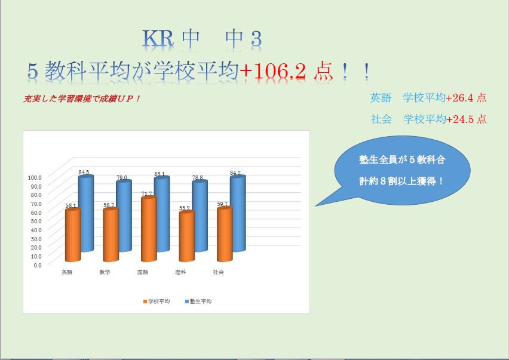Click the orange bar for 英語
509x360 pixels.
[73, 235]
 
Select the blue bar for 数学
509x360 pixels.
[124, 216]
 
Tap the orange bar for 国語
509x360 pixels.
[149, 229]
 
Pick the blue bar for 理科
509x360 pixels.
[200, 216]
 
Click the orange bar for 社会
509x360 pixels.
[225, 235]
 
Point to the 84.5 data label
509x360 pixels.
[84, 172]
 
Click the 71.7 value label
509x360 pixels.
[146, 193]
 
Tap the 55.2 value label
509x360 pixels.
[185, 208]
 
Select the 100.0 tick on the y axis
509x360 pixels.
[35, 177]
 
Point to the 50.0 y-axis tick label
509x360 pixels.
[36, 221]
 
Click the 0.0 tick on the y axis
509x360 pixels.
[38, 265]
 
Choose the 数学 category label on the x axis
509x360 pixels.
[105, 272]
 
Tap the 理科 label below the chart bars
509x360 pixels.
[180, 272]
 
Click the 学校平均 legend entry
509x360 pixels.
[157, 301]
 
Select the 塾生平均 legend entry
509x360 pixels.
[198, 301]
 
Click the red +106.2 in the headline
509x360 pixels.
[272, 71]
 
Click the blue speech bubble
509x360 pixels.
[402, 171]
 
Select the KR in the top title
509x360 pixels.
[158, 39]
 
